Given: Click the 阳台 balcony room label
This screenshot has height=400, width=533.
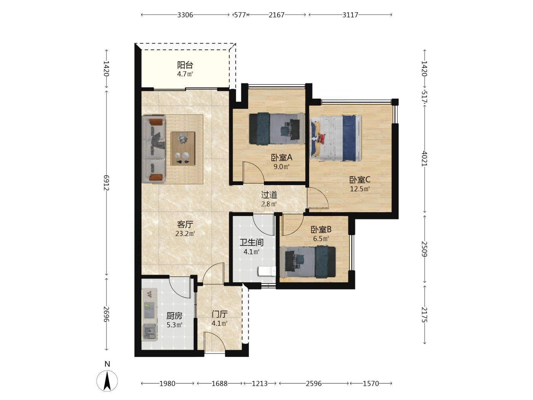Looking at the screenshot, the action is click(185, 65).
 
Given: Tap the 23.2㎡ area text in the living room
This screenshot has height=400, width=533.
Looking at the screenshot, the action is click(185, 234).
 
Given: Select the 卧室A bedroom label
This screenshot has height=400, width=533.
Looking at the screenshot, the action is click(282, 158).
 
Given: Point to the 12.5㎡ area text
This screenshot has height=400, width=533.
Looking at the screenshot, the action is click(360, 189).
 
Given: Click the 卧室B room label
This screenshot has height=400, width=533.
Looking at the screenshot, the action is click(321, 229).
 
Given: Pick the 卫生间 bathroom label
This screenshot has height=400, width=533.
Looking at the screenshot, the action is click(252, 242).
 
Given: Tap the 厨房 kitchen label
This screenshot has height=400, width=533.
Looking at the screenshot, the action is click(174, 316).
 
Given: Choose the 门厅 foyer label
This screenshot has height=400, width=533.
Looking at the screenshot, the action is click(220, 314).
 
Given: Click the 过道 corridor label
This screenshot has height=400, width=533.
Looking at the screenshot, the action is click(269, 195).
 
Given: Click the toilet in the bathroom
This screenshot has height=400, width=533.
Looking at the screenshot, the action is click(266, 271).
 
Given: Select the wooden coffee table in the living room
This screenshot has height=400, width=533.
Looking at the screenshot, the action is click(183, 149).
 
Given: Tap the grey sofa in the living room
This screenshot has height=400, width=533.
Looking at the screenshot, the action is click(153, 149).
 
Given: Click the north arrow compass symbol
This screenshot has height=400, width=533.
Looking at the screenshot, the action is click(107, 381).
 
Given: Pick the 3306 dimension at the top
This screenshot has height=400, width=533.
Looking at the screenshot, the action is click(185, 15).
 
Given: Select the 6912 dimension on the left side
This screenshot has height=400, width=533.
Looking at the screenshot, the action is click(106, 182).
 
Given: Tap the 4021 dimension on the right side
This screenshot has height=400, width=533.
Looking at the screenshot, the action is click(424, 158).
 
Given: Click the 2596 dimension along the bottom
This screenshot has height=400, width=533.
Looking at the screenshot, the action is click(313, 384).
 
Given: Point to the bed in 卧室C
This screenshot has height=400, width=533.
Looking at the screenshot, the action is click(335, 138).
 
